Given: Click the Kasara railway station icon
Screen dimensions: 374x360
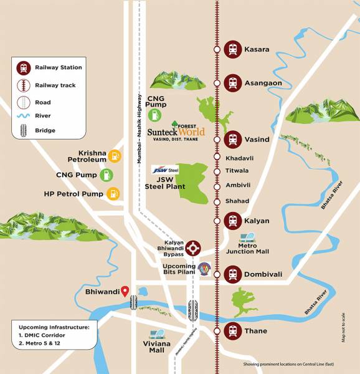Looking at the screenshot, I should point(233,49).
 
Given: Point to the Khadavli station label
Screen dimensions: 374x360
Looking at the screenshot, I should point(240,158).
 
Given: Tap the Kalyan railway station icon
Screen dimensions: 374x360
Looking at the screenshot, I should point(233,221).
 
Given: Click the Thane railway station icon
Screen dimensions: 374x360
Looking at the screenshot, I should point(233,331).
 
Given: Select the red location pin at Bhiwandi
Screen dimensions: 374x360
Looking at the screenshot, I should point(125,290).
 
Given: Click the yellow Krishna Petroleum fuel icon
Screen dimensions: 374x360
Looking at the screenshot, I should point(115,156).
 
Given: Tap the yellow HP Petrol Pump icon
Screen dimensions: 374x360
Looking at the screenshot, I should point(113,194).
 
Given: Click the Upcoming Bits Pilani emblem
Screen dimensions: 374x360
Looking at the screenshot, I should point(204,269).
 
